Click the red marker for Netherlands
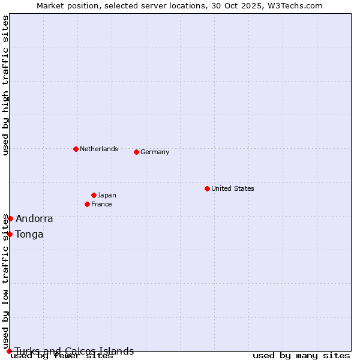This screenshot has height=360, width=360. click(x=76, y=149)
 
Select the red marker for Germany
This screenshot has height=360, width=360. click(x=136, y=152)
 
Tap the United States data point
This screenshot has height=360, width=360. click(x=207, y=188)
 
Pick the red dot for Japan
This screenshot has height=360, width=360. click(x=94, y=195)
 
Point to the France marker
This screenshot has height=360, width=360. click(x=88, y=204)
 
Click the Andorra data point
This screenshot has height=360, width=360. click(x=10, y=218)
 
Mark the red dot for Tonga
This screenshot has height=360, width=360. click(x=10, y=234)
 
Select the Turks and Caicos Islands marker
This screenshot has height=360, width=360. click(x=9, y=351)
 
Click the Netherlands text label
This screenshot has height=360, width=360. click(x=99, y=149)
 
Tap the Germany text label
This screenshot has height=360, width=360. click(x=155, y=152)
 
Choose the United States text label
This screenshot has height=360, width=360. click(x=233, y=188)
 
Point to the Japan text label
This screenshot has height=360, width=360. click(x=107, y=195)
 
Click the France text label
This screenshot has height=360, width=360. click(x=101, y=204)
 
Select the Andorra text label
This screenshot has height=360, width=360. click(x=34, y=219)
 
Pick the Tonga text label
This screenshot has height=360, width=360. click(x=29, y=235)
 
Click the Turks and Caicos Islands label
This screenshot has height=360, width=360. click(x=74, y=351)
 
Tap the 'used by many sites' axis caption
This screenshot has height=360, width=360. click(x=301, y=356)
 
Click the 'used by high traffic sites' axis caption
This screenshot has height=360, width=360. click(x=6, y=86)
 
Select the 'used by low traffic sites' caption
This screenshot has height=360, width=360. click(x=6, y=281)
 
